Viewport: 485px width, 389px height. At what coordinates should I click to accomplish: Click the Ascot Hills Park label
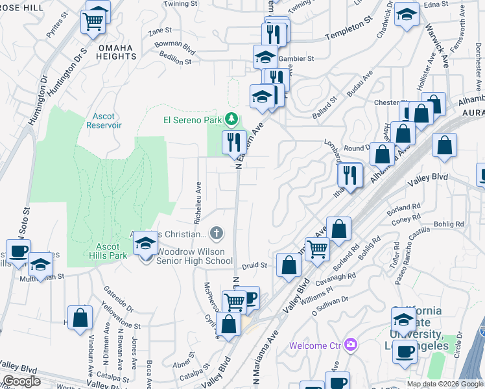point(108,251)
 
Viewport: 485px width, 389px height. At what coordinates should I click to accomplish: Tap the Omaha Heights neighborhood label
point(109,52)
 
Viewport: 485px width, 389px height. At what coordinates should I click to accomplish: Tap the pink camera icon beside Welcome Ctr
point(351,344)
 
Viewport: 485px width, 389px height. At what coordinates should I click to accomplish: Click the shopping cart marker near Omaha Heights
point(94,21)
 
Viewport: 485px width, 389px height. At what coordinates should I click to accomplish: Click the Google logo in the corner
point(21,381)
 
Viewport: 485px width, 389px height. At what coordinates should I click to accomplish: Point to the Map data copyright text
point(445,384)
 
